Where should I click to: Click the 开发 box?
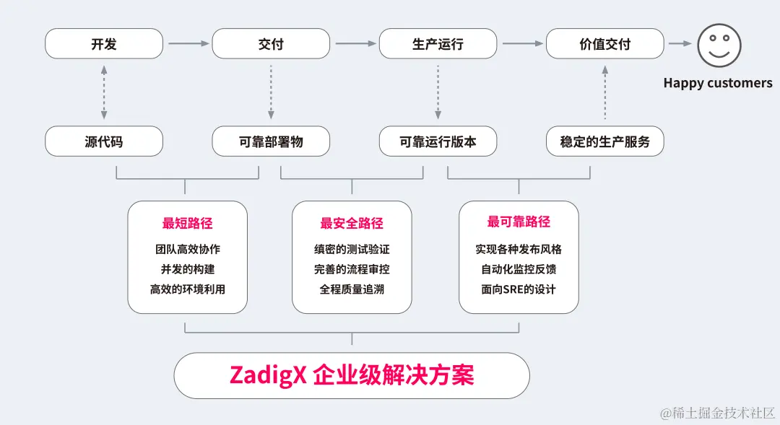tap(104, 44)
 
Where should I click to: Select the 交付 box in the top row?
tap(271, 44)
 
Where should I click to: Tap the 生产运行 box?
tap(438, 44)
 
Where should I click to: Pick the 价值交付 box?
tap(604, 44)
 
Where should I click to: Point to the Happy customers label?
tap(717, 83)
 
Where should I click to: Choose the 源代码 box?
tap(104, 141)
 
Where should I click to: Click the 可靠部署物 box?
tap(271, 141)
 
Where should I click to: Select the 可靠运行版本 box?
tap(438, 141)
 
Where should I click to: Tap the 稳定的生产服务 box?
tap(604, 141)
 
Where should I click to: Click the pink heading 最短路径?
tap(187, 223)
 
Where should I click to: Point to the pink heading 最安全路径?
tap(352, 223)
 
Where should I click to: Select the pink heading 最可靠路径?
tap(519, 222)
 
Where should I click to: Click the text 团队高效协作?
tap(187, 249)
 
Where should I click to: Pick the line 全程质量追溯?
tap(352, 289)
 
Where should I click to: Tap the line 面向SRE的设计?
tap(519, 289)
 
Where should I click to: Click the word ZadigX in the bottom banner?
tap(268, 375)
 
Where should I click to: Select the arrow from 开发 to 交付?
tap(188, 44)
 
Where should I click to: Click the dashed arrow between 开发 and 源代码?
tap(104, 92)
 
